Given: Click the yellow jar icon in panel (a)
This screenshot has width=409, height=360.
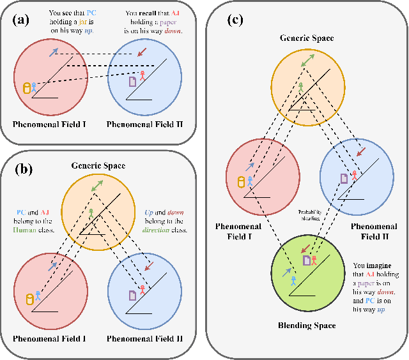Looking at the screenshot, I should (x=27, y=88).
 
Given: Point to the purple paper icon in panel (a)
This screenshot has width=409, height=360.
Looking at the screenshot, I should (x=133, y=82).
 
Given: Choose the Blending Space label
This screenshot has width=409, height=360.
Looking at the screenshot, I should (x=307, y=325).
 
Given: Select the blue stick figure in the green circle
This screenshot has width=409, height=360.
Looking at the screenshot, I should (x=293, y=280).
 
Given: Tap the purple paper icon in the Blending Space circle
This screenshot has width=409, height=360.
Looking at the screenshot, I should (x=306, y=260).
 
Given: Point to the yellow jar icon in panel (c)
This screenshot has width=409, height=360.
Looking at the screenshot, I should (x=242, y=182).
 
